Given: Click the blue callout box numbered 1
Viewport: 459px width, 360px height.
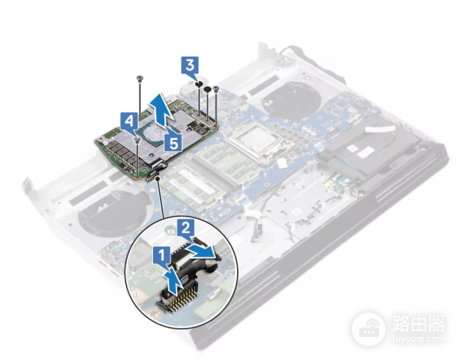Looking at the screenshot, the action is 161,255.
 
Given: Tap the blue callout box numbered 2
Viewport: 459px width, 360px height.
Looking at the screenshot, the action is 186,228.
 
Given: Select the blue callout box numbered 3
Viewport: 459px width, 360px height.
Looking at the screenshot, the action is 190,65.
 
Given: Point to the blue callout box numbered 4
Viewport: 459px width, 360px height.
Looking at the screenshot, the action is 129,121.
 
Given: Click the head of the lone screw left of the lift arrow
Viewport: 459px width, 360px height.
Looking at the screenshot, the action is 140,77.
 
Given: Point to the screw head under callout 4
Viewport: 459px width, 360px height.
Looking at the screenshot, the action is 137,141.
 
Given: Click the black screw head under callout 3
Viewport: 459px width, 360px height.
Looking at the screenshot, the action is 199,84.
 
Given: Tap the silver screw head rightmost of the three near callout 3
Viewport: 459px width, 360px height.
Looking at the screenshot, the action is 216,88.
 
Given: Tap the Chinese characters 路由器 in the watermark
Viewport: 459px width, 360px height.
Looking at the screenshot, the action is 418,324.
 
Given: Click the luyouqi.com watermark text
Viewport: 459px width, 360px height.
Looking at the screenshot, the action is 418,339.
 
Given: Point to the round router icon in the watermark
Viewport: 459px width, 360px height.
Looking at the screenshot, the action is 368,329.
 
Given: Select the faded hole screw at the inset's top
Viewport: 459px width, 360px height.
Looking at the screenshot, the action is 168,231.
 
